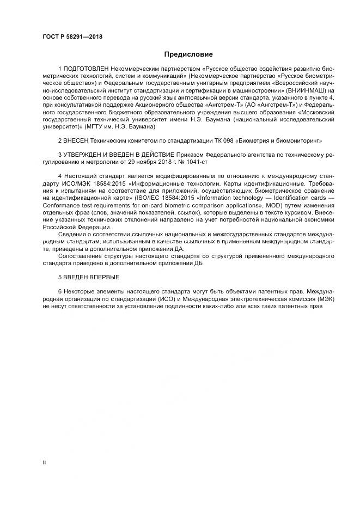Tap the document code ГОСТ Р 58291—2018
pyautogui.click(x=72, y=36)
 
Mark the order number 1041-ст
pyautogui.click(x=196, y=162)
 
